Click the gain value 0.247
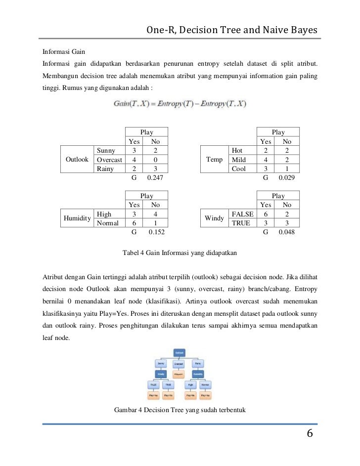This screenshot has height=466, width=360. (155, 177)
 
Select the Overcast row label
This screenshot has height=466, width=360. (109, 160)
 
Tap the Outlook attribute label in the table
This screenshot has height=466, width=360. (77, 160)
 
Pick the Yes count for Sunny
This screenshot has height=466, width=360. (134, 151)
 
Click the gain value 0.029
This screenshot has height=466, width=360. (287, 177)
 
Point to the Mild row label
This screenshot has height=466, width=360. (238, 160)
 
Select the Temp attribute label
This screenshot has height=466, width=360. (214, 160)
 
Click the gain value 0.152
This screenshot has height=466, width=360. (155, 232)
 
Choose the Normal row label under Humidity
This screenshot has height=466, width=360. (108, 223)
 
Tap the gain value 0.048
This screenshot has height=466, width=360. (287, 232)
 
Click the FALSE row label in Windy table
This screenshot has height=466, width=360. (242, 214)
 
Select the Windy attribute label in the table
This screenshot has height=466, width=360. (214, 218)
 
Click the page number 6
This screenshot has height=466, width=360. (310, 434)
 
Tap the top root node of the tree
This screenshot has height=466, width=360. (180, 352)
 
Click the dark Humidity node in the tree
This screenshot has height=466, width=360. (198, 374)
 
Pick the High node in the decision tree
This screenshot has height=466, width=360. (189, 384)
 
